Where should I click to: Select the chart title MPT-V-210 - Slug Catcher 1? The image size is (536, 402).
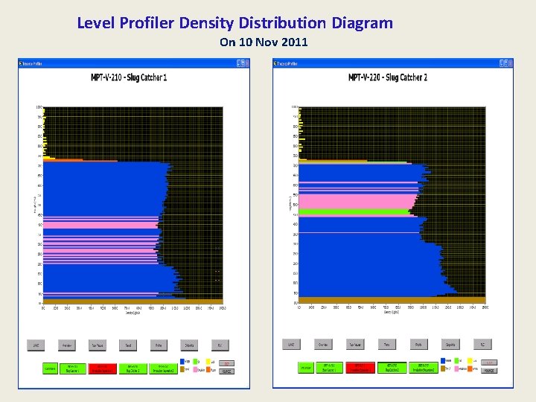(x=129, y=77)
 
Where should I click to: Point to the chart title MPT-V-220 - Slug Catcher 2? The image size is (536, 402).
(x=388, y=77)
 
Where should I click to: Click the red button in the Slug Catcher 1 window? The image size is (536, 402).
(x=98, y=368)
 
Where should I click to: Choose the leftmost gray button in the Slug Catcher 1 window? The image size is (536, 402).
(x=34, y=345)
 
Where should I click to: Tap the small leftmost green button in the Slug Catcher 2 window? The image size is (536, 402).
(x=305, y=368)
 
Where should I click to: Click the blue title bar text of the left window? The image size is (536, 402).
(x=32, y=63)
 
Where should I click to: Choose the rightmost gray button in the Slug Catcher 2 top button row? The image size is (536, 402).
(x=482, y=345)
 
